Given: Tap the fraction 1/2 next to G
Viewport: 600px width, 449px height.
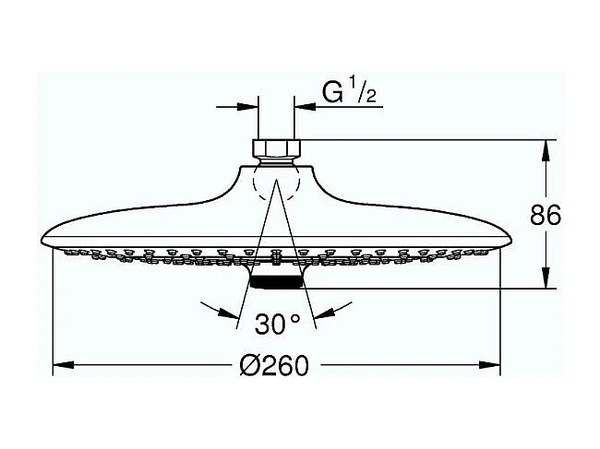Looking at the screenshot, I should pyautogui.click(x=362, y=94).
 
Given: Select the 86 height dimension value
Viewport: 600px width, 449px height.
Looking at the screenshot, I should pyautogui.click(x=546, y=215).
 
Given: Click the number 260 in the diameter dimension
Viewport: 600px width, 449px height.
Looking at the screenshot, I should pyautogui.click(x=283, y=366).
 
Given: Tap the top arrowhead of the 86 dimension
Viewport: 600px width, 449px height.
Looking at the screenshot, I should pyautogui.click(x=546, y=148).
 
